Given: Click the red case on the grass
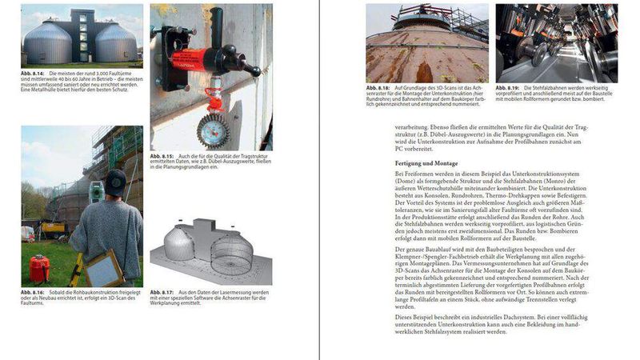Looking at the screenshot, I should point(38,266).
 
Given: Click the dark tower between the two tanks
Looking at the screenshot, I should point(82,36).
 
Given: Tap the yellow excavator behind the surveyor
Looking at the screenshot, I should point(54,229).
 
